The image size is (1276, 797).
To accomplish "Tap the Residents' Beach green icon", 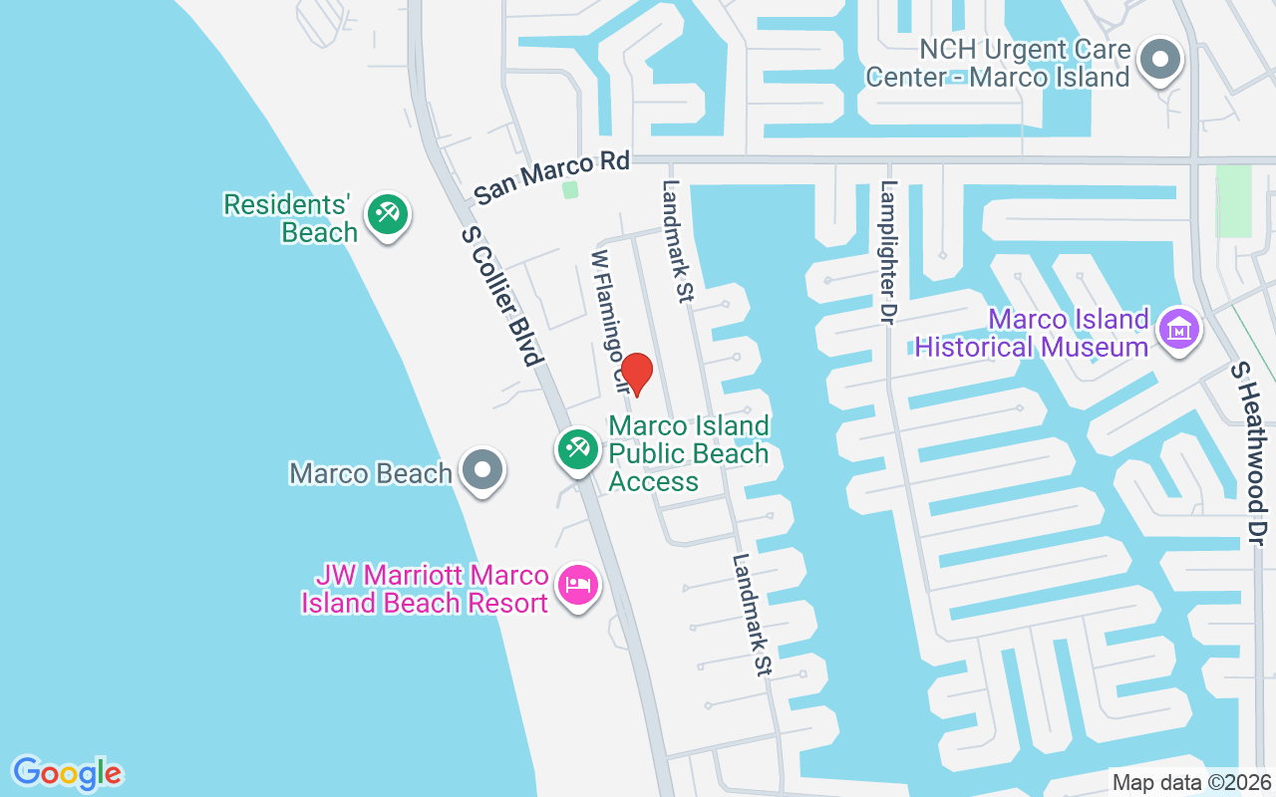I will point(386,214).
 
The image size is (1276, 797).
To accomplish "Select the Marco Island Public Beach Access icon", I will point(577,448).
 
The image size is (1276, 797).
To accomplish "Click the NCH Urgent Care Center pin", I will point(1159,59).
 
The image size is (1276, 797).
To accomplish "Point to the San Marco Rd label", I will point(551,177).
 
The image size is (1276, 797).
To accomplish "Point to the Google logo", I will point(68,773).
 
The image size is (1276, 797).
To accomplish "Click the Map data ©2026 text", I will point(1191,782).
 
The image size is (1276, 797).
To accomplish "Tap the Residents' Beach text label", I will point(289,218).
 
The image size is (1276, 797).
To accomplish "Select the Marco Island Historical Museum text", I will point(1032,333).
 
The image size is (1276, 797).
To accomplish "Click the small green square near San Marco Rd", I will point(569,189).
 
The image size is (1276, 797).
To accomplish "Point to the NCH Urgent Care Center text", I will point(998,63).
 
